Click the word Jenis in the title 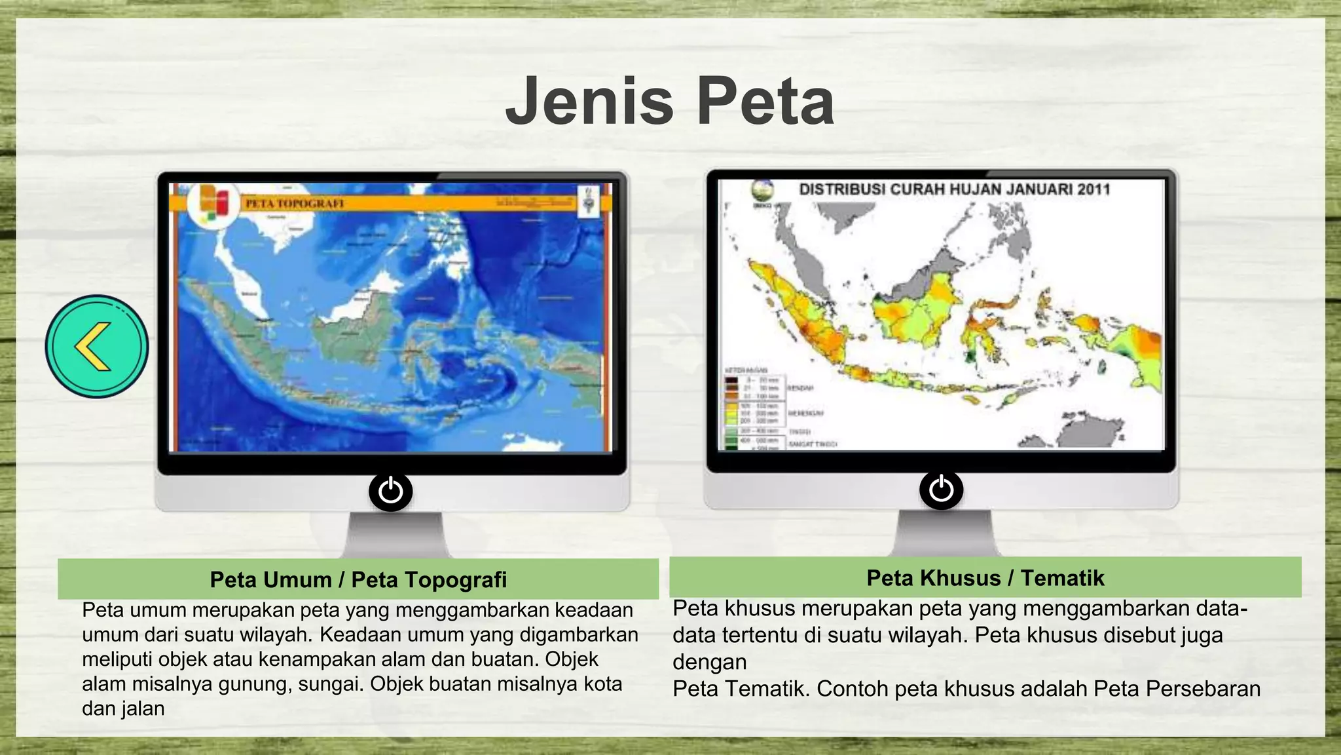[589, 102]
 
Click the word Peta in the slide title [764, 102]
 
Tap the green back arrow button [97, 346]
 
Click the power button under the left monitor [390, 491]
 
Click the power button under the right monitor [941, 490]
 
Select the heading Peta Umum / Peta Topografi [358, 579]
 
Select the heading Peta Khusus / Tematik [985, 577]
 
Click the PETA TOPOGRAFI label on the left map [295, 204]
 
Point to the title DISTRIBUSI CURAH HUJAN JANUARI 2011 [954, 189]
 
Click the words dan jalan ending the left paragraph [123, 708]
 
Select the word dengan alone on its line [709, 662]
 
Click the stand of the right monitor [944, 532]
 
